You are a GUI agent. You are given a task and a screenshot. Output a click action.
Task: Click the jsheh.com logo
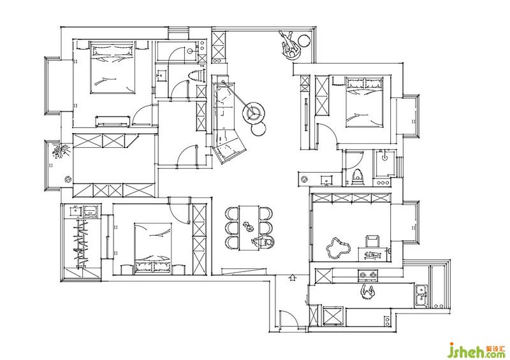coord(476,350)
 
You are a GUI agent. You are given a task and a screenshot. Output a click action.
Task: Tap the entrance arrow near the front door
coord(293,277)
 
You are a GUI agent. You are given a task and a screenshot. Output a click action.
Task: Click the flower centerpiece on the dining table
coord(248,226)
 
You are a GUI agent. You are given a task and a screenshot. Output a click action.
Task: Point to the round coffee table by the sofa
coord(254,112)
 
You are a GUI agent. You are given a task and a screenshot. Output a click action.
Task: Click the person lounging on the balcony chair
coord(290,45)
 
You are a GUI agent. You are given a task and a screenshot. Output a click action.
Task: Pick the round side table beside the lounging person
coord(305,41)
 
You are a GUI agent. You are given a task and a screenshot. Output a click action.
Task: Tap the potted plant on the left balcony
coord(61,151)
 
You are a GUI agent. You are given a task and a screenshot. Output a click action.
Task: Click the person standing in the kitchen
coord(368,292)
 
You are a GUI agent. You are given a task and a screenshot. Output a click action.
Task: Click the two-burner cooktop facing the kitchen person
coord(368,275)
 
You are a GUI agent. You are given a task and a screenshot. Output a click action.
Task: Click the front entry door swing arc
coord(289,319)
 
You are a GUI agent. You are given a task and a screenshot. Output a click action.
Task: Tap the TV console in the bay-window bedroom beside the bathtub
coord(113,121)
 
